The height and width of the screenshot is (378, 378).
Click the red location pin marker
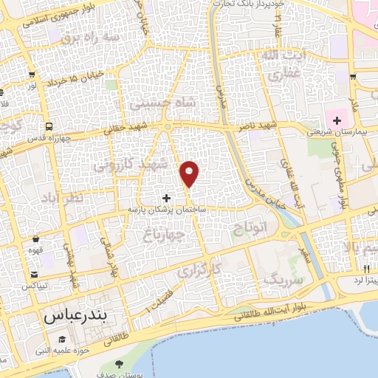pyautogui.click(x=190, y=174)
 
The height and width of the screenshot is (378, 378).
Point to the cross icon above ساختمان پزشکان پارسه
pyautogui.click(x=166, y=198)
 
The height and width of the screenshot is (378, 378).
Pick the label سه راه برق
pyautogui.click(x=89, y=35)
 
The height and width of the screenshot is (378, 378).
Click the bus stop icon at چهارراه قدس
pyautogui.click(x=48, y=126)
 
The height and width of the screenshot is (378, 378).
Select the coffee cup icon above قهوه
pyautogui.click(x=36, y=238)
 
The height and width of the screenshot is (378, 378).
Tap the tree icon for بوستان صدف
pyautogui.click(x=120, y=364)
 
